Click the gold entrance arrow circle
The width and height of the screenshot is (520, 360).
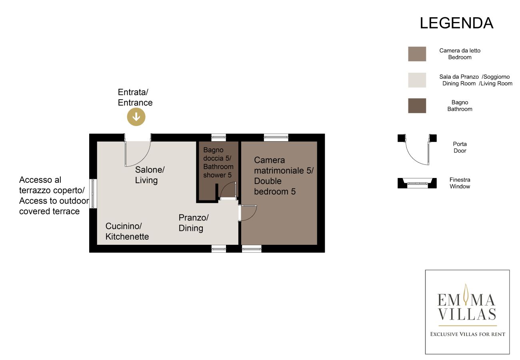click(136, 117)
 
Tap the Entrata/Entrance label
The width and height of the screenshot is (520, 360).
click(135, 98)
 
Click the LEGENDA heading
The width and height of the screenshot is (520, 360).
click(456, 23)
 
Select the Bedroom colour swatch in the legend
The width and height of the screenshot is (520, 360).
click(417, 54)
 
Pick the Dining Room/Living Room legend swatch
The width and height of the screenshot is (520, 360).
click(417, 80)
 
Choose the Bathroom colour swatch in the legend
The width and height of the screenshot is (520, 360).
click(417, 106)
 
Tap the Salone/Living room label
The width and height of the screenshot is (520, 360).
click(150, 175)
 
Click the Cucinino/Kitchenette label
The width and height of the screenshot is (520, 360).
click(127, 231)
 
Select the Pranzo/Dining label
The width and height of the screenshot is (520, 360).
click(193, 223)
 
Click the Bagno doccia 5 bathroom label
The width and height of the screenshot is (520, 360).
click(218, 162)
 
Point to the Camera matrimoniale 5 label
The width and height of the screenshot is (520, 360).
click(284, 176)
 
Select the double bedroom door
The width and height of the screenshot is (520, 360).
click(247, 213)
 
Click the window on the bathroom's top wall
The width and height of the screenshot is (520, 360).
click(218, 137)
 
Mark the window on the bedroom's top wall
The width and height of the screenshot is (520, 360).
click(276, 137)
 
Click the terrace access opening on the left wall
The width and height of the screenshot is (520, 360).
click(93, 193)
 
